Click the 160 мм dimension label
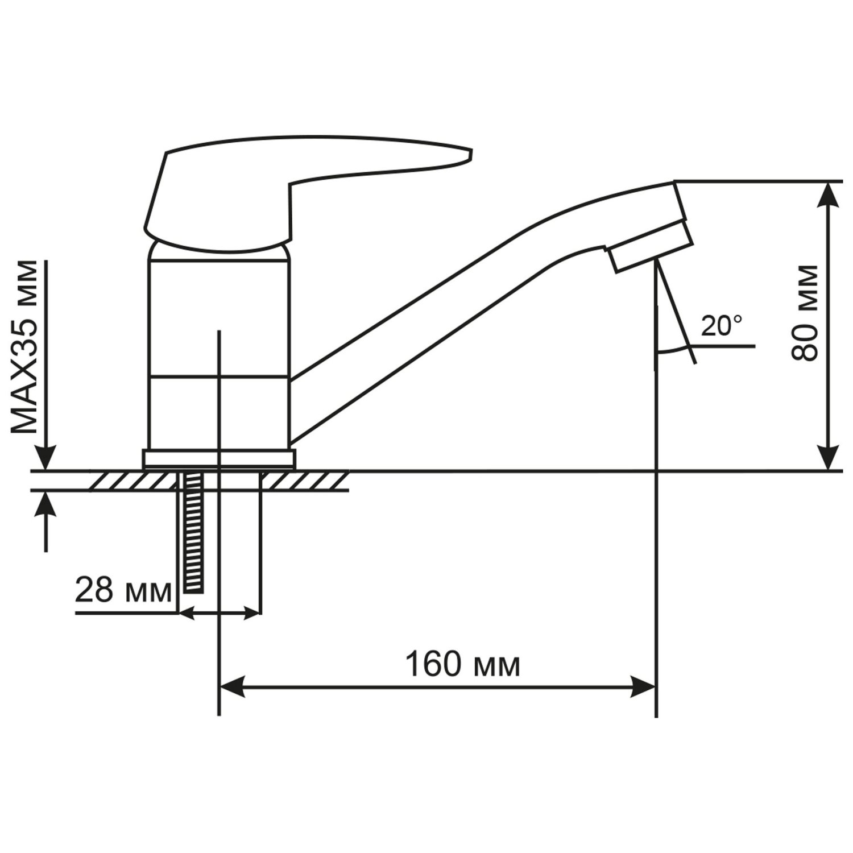[x=462, y=665]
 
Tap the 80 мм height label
[x=804, y=313]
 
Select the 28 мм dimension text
[x=123, y=591]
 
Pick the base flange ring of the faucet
[x=219, y=459]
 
